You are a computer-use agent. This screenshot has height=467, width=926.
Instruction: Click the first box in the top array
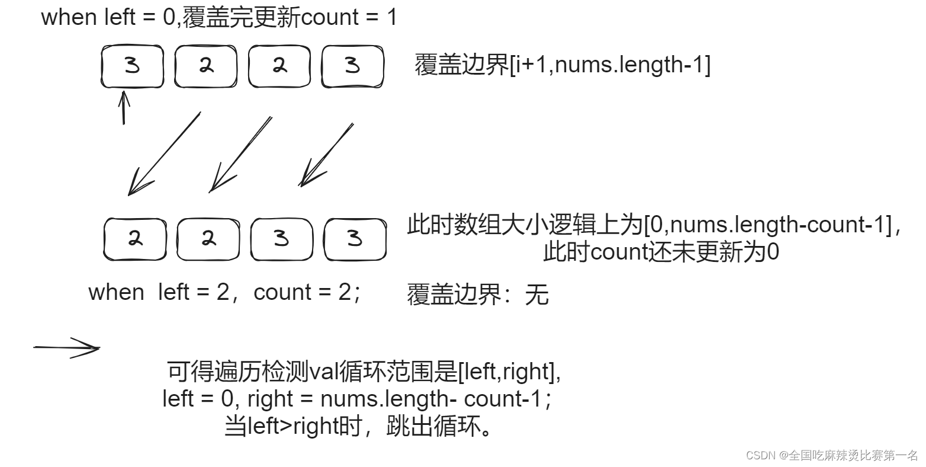pos(132,66)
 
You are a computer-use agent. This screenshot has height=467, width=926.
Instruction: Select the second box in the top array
pos(205,66)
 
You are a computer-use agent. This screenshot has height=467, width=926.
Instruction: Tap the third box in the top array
pos(279,66)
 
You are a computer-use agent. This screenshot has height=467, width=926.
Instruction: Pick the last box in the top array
pos(352,66)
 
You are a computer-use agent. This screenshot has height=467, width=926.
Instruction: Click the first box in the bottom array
pos(135,239)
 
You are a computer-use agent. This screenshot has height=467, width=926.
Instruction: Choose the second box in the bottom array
pos(208,239)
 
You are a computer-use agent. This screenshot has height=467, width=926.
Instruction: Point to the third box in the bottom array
pos(282,239)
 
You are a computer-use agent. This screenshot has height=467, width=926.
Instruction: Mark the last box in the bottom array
pos(355,239)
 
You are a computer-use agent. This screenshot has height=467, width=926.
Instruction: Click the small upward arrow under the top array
pos(123,107)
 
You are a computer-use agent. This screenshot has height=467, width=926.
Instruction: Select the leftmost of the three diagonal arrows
pos(164,153)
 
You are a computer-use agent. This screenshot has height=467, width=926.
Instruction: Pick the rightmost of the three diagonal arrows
pos(326,155)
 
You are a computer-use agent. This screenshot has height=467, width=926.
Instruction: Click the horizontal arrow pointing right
pos(66,348)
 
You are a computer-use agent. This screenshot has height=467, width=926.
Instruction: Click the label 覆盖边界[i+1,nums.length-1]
pos(562,64)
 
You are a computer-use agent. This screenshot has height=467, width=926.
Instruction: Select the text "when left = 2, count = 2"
pos(224,292)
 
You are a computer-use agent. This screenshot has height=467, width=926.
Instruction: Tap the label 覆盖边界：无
pos(477,295)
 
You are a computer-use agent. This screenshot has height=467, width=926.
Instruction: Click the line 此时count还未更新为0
pos(661,253)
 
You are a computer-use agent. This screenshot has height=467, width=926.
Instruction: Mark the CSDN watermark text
pos(832,455)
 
